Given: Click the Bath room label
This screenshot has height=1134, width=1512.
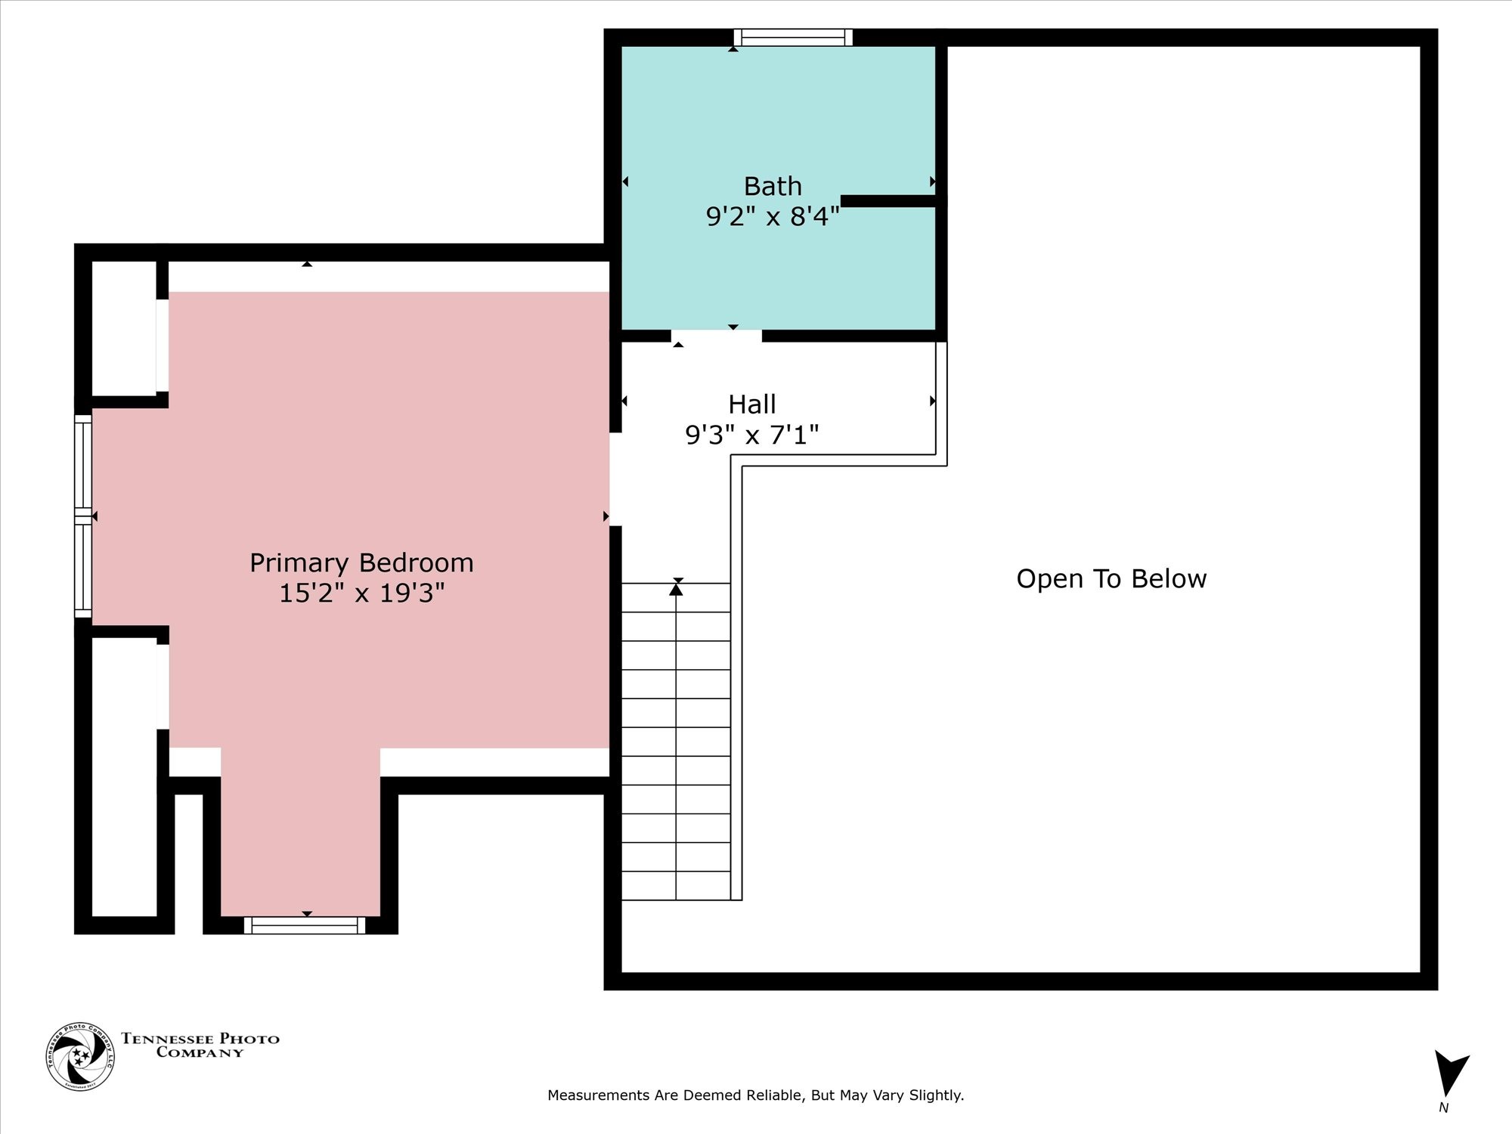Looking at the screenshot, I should click(x=772, y=186).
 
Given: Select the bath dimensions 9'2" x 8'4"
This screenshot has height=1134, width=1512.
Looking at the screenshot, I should click(x=772, y=217).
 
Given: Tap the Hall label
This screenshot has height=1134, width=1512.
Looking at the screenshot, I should click(x=751, y=404).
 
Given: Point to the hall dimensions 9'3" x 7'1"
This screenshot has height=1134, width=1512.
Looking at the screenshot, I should click(x=751, y=435).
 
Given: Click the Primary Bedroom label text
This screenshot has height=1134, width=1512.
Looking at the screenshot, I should click(x=361, y=563).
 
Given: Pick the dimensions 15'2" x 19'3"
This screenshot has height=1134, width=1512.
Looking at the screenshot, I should click(x=361, y=593).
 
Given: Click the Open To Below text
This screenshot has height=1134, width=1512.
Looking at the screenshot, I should click(x=1111, y=579).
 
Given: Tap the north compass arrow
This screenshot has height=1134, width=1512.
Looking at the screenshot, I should click(x=1450, y=1072).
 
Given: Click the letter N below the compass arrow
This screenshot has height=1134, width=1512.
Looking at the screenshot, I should click(x=1443, y=1108).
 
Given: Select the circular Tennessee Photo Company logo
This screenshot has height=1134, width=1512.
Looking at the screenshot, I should click(x=80, y=1056).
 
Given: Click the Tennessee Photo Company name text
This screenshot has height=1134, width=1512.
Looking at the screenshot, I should click(x=200, y=1046).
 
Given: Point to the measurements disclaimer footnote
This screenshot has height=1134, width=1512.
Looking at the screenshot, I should click(x=755, y=1095).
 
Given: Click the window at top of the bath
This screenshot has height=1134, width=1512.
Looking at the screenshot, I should click(x=793, y=38).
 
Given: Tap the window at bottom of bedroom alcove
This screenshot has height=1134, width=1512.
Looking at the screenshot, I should click(x=305, y=925).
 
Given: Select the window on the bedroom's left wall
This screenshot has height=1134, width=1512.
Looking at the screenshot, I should click(x=83, y=516).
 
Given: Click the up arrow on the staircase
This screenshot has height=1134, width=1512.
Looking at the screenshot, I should click(x=676, y=590).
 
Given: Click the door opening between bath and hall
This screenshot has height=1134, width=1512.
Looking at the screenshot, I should click(x=716, y=336).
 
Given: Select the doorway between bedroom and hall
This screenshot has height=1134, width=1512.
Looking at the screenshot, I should click(x=615, y=479).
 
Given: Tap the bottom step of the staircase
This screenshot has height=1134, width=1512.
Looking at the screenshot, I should click(x=676, y=886).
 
